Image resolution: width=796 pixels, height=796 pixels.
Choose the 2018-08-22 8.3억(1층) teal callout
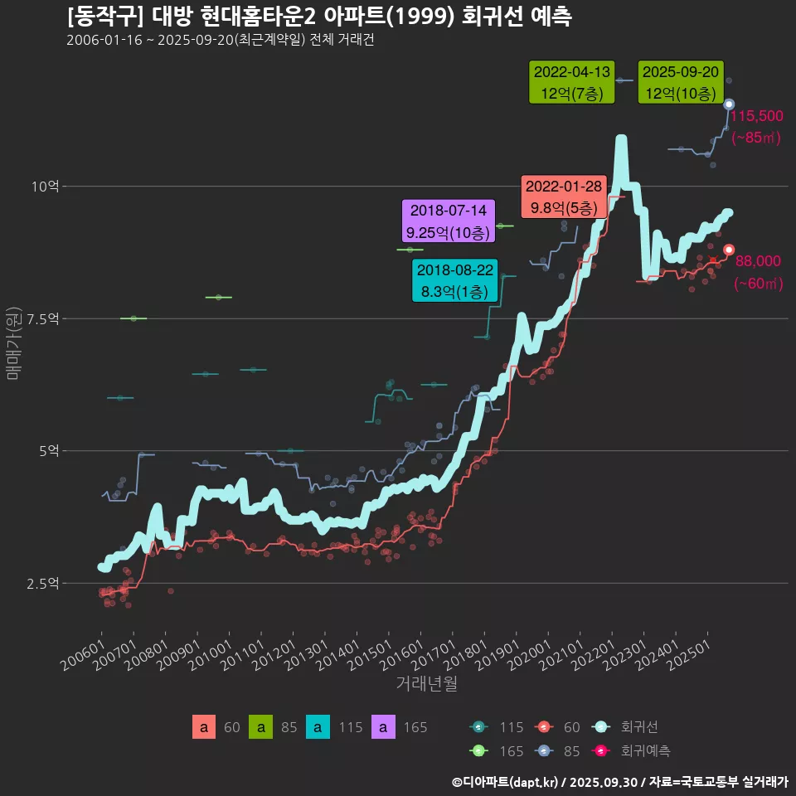click(455, 281)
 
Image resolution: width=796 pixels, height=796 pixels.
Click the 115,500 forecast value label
click(756, 116)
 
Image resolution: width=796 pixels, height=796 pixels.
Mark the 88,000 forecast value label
click(758, 261)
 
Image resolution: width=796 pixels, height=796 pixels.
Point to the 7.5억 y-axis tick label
click(41, 319)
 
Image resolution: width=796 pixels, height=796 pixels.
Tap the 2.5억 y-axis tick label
click(41, 584)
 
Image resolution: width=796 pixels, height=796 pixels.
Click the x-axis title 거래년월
click(426, 683)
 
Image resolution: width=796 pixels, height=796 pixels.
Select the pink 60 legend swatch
click(203, 727)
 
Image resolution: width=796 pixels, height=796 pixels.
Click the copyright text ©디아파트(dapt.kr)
click(507, 781)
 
